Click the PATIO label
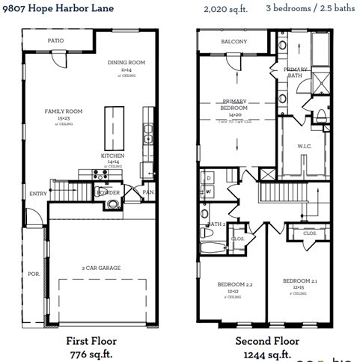click(x=55, y=40)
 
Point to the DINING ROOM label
click(x=126, y=62)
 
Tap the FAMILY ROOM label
click(x=64, y=111)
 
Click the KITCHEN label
click(x=113, y=156)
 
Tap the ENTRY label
click(x=38, y=194)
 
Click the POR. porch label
click(x=34, y=274)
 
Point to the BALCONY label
click(x=234, y=42)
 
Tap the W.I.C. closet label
click(x=304, y=146)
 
